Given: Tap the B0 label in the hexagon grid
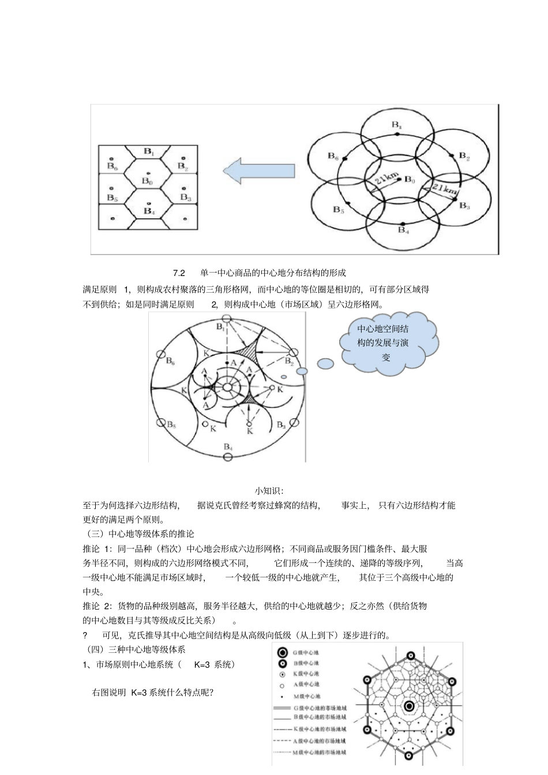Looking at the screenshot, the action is click(147, 182).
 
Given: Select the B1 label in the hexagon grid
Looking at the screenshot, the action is click(148, 152).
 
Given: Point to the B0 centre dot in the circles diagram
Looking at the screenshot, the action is click(398, 179).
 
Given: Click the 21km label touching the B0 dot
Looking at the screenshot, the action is click(385, 184).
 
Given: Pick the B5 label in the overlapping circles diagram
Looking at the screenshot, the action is click(338, 210).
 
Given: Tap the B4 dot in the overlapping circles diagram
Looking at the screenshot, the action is click(403, 224).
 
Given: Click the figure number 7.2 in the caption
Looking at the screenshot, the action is click(178, 273).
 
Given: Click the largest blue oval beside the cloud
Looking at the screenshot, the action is click(325, 364).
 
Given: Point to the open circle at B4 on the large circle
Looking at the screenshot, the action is click(228, 456).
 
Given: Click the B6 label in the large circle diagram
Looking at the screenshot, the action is click(171, 361).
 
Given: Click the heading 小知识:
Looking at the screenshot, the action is click(269, 491).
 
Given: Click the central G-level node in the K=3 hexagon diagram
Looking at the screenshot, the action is click(409, 706).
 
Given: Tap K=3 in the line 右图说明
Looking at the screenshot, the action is click(139, 693).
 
